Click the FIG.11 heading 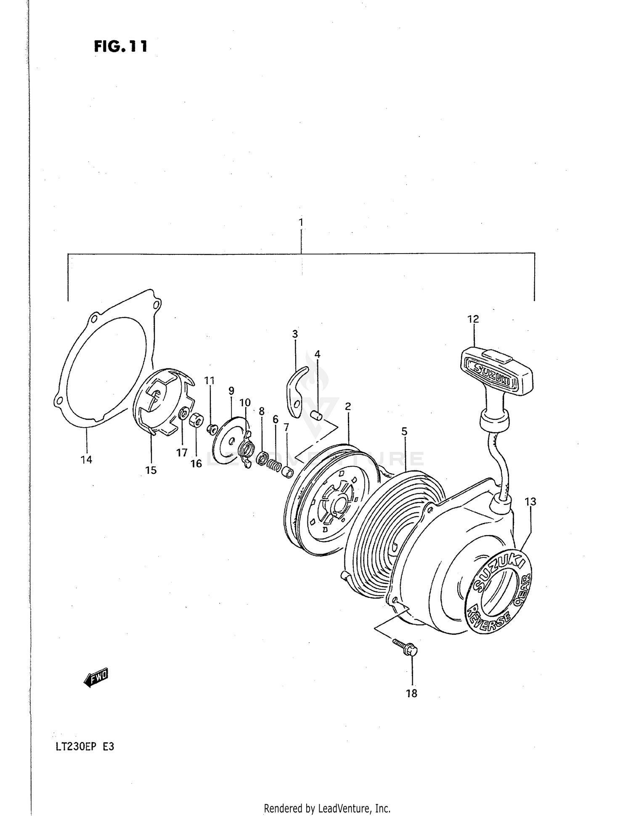pyautogui.click(x=121, y=46)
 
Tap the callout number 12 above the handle pyautogui.click(x=473, y=319)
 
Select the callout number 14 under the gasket pyautogui.click(x=86, y=460)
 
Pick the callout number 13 pyautogui.click(x=530, y=502)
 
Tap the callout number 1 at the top pyautogui.click(x=301, y=222)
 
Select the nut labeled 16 pyautogui.click(x=196, y=420)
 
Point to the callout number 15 pyautogui.click(x=151, y=470)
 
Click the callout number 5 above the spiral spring pyautogui.click(x=404, y=431)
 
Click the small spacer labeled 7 pyautogui.click(x=287, y=473)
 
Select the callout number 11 pyautogui.click(x=209, y=380)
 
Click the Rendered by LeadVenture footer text pyautogui.click(x=327, y=808)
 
